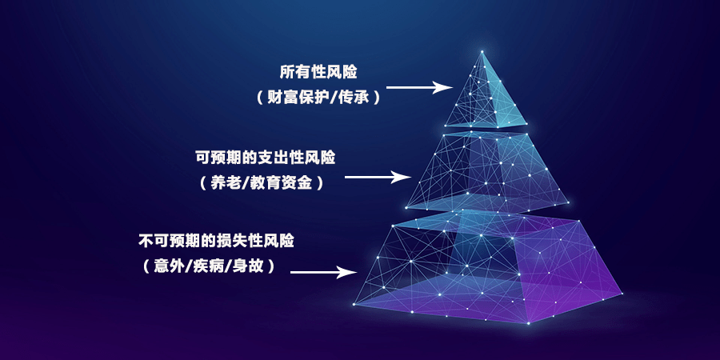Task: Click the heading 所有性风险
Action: (x=318, y=73)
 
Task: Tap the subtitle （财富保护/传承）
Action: (x=318, y=98)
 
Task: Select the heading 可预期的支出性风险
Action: (x=266, y=158)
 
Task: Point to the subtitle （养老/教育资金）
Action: (x=262, y=183)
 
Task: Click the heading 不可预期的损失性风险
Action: (x=216, y=241)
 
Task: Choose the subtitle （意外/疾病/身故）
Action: (x=209, y=266)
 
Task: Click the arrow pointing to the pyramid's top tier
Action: (x=419, y=86)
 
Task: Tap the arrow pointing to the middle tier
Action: (x=378, y=177)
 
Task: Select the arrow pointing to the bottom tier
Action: (x=324, y=272)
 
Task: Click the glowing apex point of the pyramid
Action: (x=482, y=51)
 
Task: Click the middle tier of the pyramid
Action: (x=486, y=172)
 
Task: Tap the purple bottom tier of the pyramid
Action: (x=486, y=266)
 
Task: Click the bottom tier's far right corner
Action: (x=622, y=293)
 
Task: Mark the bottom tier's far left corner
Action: (x=354, y=304)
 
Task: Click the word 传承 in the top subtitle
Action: (x=354, y=98)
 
